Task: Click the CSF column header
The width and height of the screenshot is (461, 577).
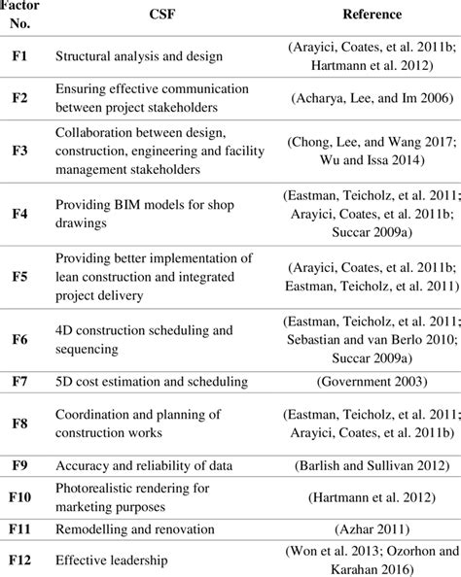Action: click(x=156, y=15)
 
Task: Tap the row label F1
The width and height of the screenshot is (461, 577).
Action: click(x=19, y=56)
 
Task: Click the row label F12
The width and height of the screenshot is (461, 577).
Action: click(x=19, y=560)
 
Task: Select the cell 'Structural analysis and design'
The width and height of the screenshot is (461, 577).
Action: click(x=139, y=56)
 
